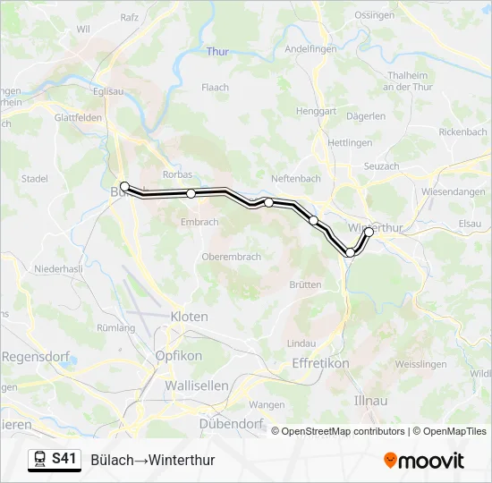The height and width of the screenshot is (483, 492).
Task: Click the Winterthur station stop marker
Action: [x=369, y=232]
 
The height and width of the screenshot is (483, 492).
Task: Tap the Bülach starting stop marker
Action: [x=125, y=187]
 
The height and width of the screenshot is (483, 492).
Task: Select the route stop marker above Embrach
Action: [x=191, y=193]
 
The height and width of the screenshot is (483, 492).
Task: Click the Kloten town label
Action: [x=189, y=317]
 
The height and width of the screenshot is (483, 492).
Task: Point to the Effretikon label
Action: [x=320, y=364]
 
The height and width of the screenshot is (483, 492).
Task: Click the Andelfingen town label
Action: [x=310, y=49]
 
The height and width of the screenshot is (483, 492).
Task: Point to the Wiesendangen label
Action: [x=454, y=191]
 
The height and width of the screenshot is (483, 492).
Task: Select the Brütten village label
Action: [x=305, y=284]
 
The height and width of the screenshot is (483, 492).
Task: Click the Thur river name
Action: [x=217, y=52]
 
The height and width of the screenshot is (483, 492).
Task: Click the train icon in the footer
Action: [x=39, y=460]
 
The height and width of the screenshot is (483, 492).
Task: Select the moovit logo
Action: [x=424, y=461]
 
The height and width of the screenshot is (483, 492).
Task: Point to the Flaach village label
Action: [x=215, y=88]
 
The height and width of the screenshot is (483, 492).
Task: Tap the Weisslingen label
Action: [x=420, y=364]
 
